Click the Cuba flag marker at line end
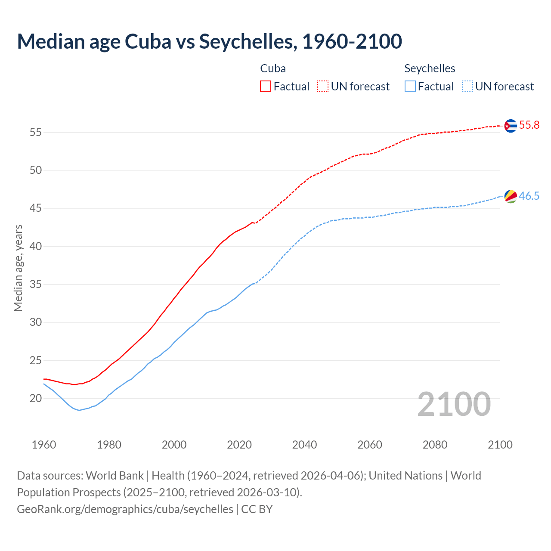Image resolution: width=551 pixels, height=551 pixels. tap(510, 126)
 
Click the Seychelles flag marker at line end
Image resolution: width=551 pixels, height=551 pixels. tap(511, 196)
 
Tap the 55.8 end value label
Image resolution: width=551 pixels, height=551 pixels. tap(529, 125)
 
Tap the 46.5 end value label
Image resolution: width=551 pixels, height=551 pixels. tap(529, 196)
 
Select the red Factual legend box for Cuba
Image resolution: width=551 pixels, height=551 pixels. tap(266, 87)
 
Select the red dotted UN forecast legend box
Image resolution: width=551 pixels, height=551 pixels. tap(323, 87)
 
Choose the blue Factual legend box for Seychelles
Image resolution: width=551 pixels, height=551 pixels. tap(410, 87)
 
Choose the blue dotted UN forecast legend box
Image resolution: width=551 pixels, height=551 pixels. tap(467, 87)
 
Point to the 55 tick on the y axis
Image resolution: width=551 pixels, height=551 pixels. tap(36, 133)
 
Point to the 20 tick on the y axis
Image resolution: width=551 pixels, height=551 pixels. tap(36, 399)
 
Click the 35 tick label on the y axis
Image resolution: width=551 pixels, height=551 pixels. tap(36, 285)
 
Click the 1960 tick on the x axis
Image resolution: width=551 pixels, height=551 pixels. tap(44, 445)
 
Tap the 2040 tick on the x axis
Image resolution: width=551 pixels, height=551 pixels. tap(304, 445)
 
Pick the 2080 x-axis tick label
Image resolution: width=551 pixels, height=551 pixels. tap(435, 445)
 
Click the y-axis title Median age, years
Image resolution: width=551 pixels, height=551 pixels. tap(18, 268)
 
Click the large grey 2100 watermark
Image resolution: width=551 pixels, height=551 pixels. tap(454, 404)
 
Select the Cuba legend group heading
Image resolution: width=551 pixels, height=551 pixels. tap(273, 68)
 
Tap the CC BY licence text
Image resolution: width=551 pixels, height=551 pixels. tap(257, 509)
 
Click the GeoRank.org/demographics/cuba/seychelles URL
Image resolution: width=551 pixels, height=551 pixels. tap(125, 509)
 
